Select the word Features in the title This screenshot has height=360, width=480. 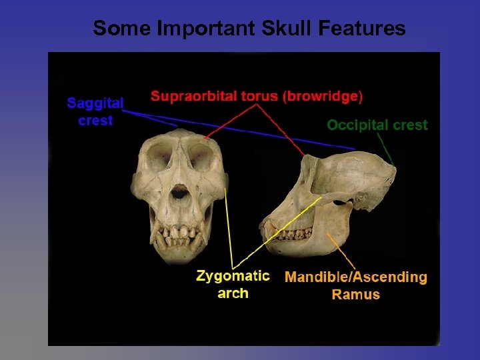pyautogui.click(x=364, y=28)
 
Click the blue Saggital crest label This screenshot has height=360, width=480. pyautogui.click(x=95, y=112)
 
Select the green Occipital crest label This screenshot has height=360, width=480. pyautogui.click(x=377, y=125)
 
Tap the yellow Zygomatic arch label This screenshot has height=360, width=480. pyautogui.click(x=233, y=285)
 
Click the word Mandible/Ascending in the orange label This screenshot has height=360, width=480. pyautogui.click(x=355, y=277)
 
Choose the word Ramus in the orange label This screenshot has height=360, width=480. pyautogui.click(x=355, y=295)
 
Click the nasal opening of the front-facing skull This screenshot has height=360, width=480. pyautogui.click(x=179, y=193)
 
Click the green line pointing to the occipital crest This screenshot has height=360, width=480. pyautogui.click(x=385, y=148)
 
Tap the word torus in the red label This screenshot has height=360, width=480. pyautogui.click(x=259, y=96)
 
